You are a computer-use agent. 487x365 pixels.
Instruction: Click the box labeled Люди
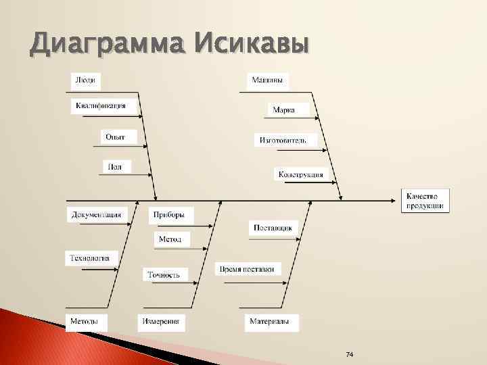pyautogui.click(x=85, y=80)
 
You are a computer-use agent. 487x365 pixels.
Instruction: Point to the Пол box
pyautogui.click(x=116, y=166)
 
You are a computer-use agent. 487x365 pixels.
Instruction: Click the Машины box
pyautogui.click(x=267, y=80)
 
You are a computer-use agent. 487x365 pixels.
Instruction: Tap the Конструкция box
pyautogui.click(x=301, y=174)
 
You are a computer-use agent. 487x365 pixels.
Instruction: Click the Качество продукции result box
pyautogui.click(x=425, y=200)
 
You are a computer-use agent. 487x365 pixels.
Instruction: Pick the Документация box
pyautogui.click(x=97, y=215)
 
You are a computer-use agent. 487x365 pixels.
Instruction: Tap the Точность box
pyautogui.click(x=164, y=274)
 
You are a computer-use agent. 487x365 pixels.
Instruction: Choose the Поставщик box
pyautogui.click(x=273, y=228)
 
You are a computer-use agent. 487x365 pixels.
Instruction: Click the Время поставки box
pyautogui.click(x=247, y=269)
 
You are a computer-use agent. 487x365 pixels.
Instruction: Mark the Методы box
pyautogui.click(x=87, y=321)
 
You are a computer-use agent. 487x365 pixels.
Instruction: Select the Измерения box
pyautogui.click(x=161, y=321)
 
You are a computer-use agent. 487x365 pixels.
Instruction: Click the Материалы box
pyautogui.click(x=270, y=321)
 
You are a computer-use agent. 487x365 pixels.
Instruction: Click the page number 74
pyautogui.click(x=350, y=355)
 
